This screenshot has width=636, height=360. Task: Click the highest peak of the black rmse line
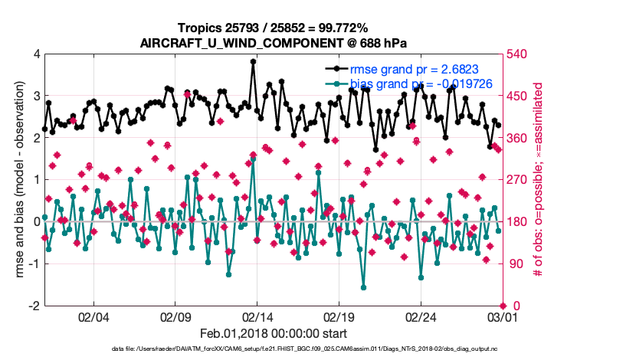point(253,61)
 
